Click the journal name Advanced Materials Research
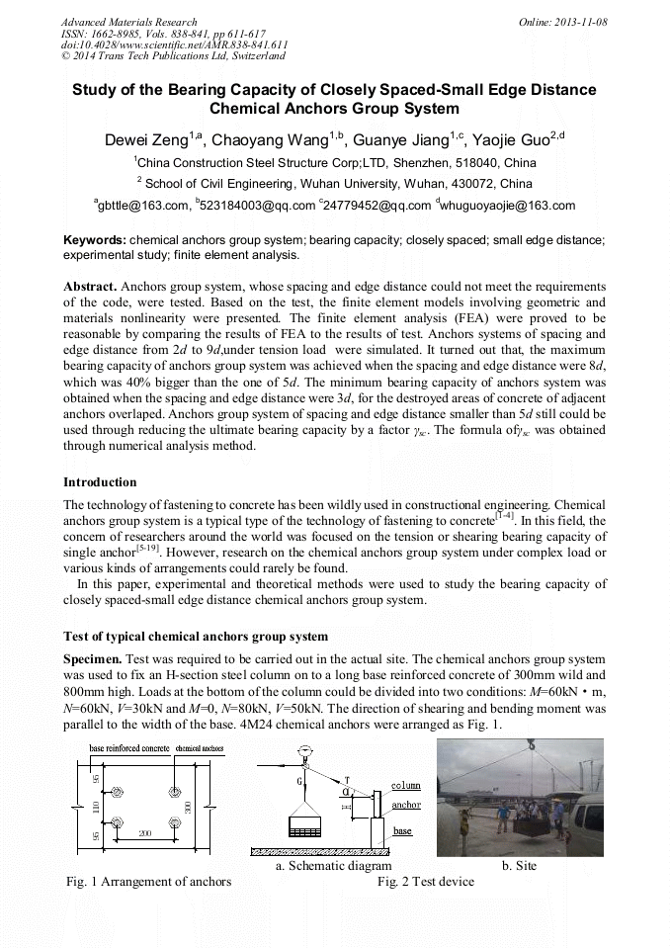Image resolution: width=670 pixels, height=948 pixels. tap(129, 22)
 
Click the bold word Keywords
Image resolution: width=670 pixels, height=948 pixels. tap(94, 239)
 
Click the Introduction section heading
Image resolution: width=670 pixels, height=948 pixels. tap(100, 482)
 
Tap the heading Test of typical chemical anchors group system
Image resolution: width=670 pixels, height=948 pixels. tap(196, 635)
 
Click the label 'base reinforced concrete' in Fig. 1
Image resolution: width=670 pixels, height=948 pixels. tap(128, 748)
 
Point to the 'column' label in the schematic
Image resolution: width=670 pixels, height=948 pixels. tap(405, 786)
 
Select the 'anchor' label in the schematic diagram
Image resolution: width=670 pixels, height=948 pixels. tap(405, 806)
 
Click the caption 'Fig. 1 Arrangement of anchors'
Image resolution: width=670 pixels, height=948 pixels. tap(148, 881)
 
